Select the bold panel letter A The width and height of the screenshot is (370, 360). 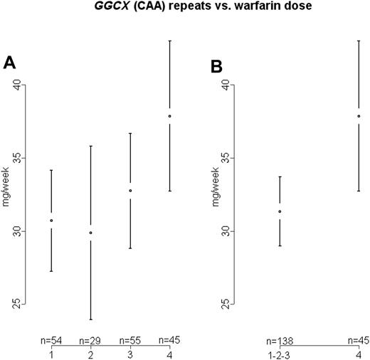point(10,63)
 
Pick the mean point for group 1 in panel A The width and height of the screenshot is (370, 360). point(51,221)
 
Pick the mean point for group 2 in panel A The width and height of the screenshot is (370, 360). point(90,233)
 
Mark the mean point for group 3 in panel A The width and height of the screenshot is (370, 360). point(130,191)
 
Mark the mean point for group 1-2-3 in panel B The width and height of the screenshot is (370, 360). point(280,211)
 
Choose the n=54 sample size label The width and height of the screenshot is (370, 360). point(51,341)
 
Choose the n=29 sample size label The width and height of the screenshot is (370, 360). point(90,341)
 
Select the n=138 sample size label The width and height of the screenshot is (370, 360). point(280,341)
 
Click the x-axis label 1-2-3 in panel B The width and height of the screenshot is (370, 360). point(280,353)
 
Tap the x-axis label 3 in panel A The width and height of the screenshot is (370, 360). point(130,353)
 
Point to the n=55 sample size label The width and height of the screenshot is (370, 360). point(130,341)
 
